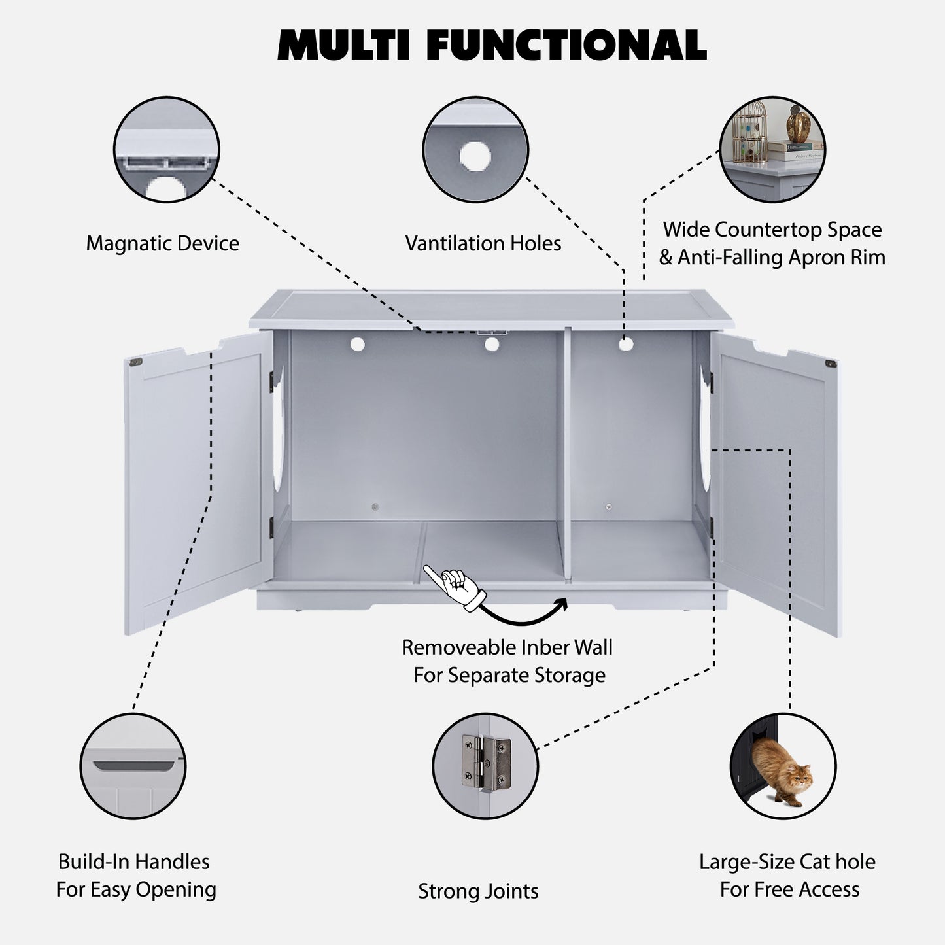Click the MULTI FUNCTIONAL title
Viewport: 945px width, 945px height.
tap(492, 44)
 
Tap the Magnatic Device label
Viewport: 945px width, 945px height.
tap(162, 243)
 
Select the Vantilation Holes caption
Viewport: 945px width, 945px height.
tap(483, 243)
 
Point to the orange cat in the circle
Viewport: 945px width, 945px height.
tap(781, 772)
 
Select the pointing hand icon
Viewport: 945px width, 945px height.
tap(456, 585)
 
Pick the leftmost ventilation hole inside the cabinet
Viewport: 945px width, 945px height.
tap(357, 344)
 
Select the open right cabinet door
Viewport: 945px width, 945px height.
tap(775, 484)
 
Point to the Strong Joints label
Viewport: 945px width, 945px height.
tap(478, 891)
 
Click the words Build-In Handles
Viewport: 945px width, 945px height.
tap(133, 861)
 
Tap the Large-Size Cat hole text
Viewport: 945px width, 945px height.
tap(787, 861)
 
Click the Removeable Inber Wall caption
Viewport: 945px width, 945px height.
tap(507, 647)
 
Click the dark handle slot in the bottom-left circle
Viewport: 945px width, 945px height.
tap(135, 765)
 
